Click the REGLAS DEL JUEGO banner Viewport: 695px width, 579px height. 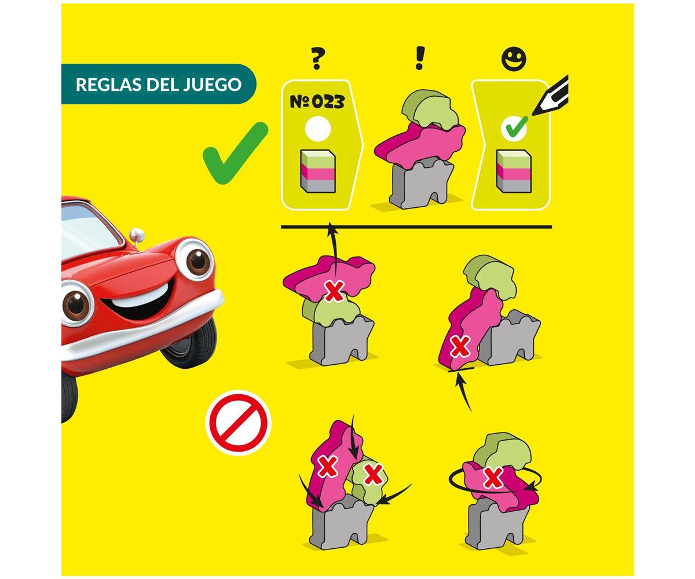pyautogui.click(x=159, y=84)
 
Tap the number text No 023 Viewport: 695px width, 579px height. pyautogui.click(x=317, y=101)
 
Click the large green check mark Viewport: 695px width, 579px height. pyautogui.click(x=235, y=153)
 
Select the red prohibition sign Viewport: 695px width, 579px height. pyautogui.click(x=238, y=423)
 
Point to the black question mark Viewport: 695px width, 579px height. pyautogui.click(x=317, y=58)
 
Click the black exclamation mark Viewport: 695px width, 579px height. pyautogui.click(x=420, y=58)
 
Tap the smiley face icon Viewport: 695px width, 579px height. pyautogui.click(x=514, y=58)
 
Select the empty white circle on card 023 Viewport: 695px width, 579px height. pyautogui.click(x=317, y=129)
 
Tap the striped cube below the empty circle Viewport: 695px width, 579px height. pyautogui.click(x=317, y=171)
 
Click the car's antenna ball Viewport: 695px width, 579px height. pyautogui.click(x=137, y=234)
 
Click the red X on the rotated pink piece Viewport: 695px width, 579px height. pyautogui.click(x=493, y=477)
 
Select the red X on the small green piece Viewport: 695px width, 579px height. pyautogui.click(x=373, y=475)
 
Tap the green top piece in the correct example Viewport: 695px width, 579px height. pyautogui.click(x=430, y=109)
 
